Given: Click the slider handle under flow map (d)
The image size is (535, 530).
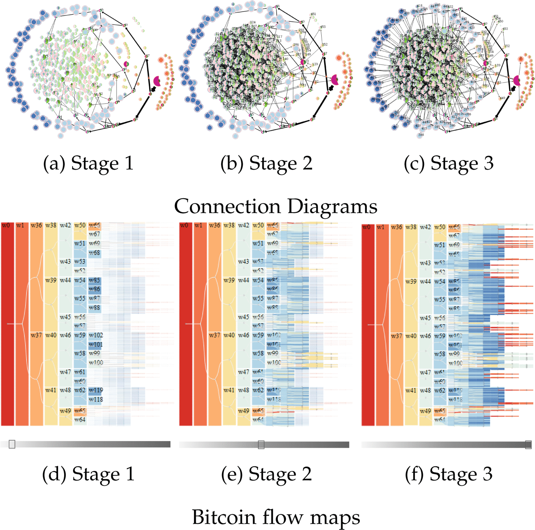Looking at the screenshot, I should coord(12,444).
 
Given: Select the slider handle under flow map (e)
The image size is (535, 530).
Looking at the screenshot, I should coord(261,444).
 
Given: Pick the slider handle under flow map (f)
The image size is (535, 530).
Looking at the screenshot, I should coord(528,444).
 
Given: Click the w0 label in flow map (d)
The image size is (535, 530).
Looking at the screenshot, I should coord(6,226).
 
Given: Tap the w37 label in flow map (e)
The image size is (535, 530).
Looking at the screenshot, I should coord(214,335).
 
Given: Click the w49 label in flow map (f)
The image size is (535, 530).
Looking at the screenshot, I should coord(425,411).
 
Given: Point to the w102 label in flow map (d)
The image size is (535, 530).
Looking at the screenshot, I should coord(96,335).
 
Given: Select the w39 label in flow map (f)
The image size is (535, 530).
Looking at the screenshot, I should coord(411,282).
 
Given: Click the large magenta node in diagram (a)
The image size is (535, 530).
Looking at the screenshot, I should coord(157,81).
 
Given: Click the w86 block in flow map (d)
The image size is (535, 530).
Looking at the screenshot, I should coord(95,289).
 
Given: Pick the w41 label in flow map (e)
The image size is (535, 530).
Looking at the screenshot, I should coord(229,390).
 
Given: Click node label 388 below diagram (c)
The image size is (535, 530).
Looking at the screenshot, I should coord(421,135).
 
